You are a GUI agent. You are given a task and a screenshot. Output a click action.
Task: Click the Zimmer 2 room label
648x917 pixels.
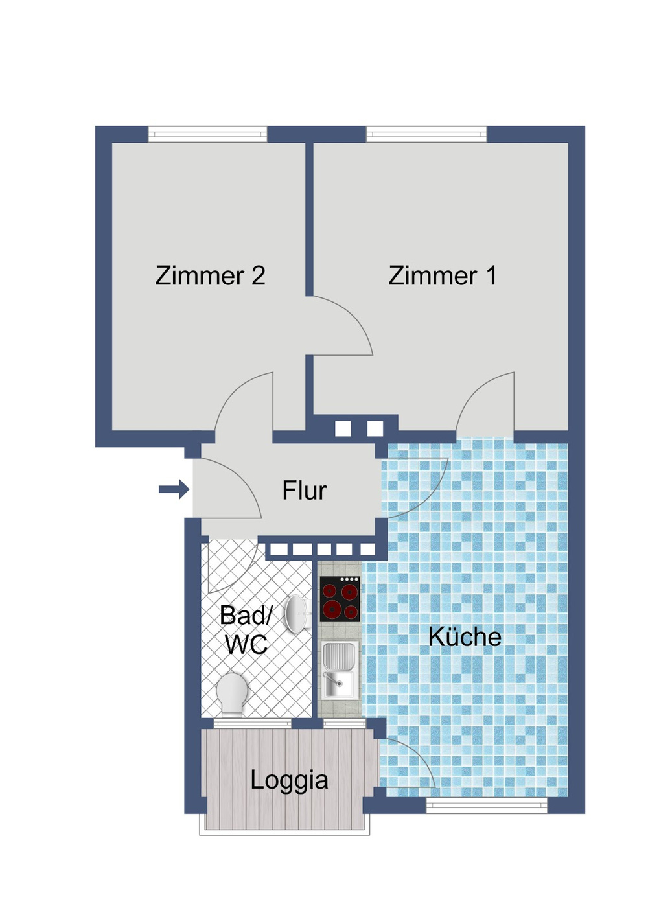(x=210, y=275)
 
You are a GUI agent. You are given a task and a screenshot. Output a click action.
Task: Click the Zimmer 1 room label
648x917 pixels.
(x=443, y=275)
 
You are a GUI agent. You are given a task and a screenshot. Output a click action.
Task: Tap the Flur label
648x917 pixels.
(x=304, y=491)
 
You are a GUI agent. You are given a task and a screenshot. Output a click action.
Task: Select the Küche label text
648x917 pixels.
(x=465, y=636)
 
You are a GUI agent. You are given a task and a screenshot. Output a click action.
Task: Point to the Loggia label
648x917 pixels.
(x=289, y=780)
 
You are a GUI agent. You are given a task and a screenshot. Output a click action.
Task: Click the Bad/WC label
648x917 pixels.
(x=246, y=629)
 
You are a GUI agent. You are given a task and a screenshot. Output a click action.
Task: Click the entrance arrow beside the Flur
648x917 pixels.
(x=174, y=489)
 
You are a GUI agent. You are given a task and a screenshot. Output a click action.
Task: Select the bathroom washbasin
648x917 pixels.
(x=297, y=613)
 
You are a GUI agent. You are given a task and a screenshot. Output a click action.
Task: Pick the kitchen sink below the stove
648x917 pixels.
(x=339, y=669)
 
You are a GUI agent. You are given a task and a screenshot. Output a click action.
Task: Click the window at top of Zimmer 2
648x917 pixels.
(x=207, y=134)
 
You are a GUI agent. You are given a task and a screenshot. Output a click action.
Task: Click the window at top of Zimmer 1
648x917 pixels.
(x=426, y=134)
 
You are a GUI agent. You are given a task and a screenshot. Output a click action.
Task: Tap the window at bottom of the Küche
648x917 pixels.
(x=487, y=806)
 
